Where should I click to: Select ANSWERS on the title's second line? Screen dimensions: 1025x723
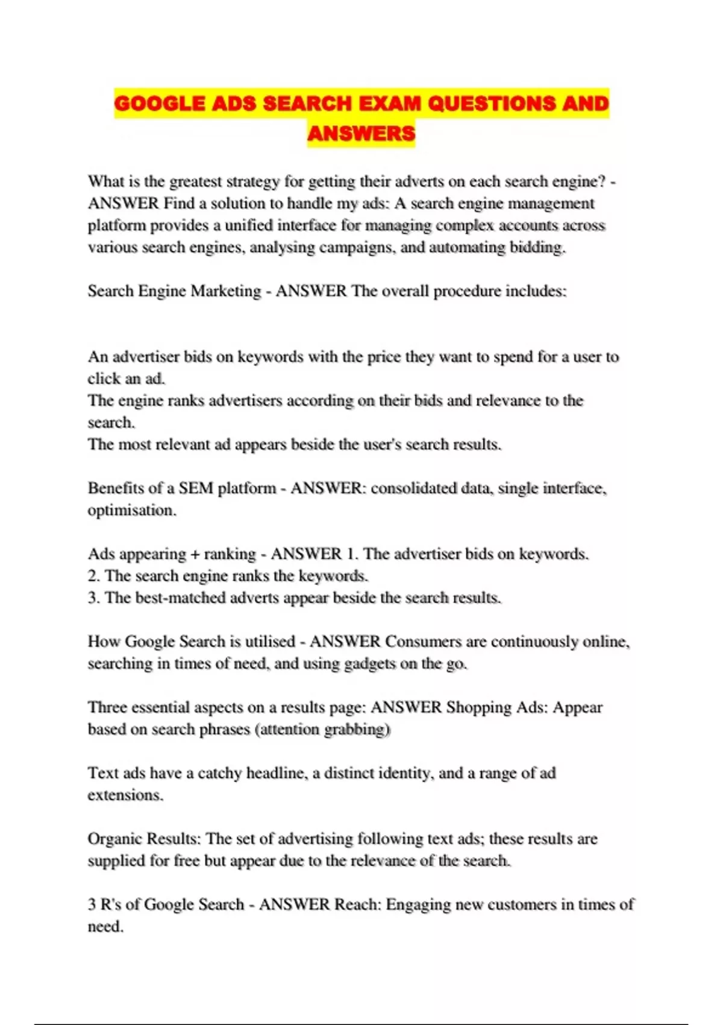[361, 133]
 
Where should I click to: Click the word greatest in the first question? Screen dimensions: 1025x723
[195, 181]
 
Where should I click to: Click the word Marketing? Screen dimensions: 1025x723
[225, 291]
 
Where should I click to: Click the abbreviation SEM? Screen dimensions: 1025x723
[196, 488]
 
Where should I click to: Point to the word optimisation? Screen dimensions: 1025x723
[131, 510]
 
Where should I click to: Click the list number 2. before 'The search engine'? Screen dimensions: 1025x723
[93, 576]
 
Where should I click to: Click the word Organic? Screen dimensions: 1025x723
[116, 839]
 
